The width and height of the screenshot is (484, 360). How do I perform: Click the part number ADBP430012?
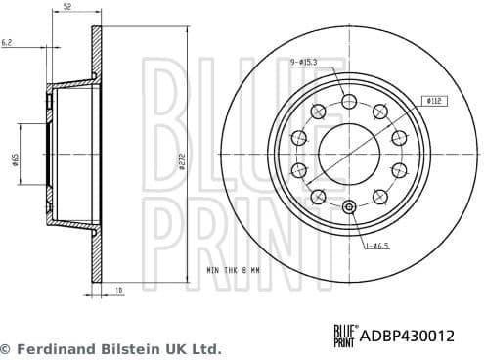tap(410, 336)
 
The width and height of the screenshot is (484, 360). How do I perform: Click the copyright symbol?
tap(6, 348)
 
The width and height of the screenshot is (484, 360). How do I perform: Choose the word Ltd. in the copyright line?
tap(205, 348)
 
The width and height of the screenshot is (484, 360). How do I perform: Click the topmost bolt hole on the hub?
tap(349, 101)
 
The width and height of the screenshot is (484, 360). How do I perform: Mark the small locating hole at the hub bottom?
tap(349, 205)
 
